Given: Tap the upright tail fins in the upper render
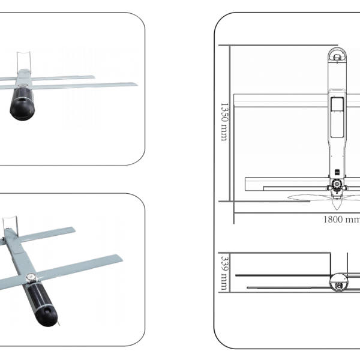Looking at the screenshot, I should (24, 59).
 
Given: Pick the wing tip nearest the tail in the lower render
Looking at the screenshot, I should (72, 229).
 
